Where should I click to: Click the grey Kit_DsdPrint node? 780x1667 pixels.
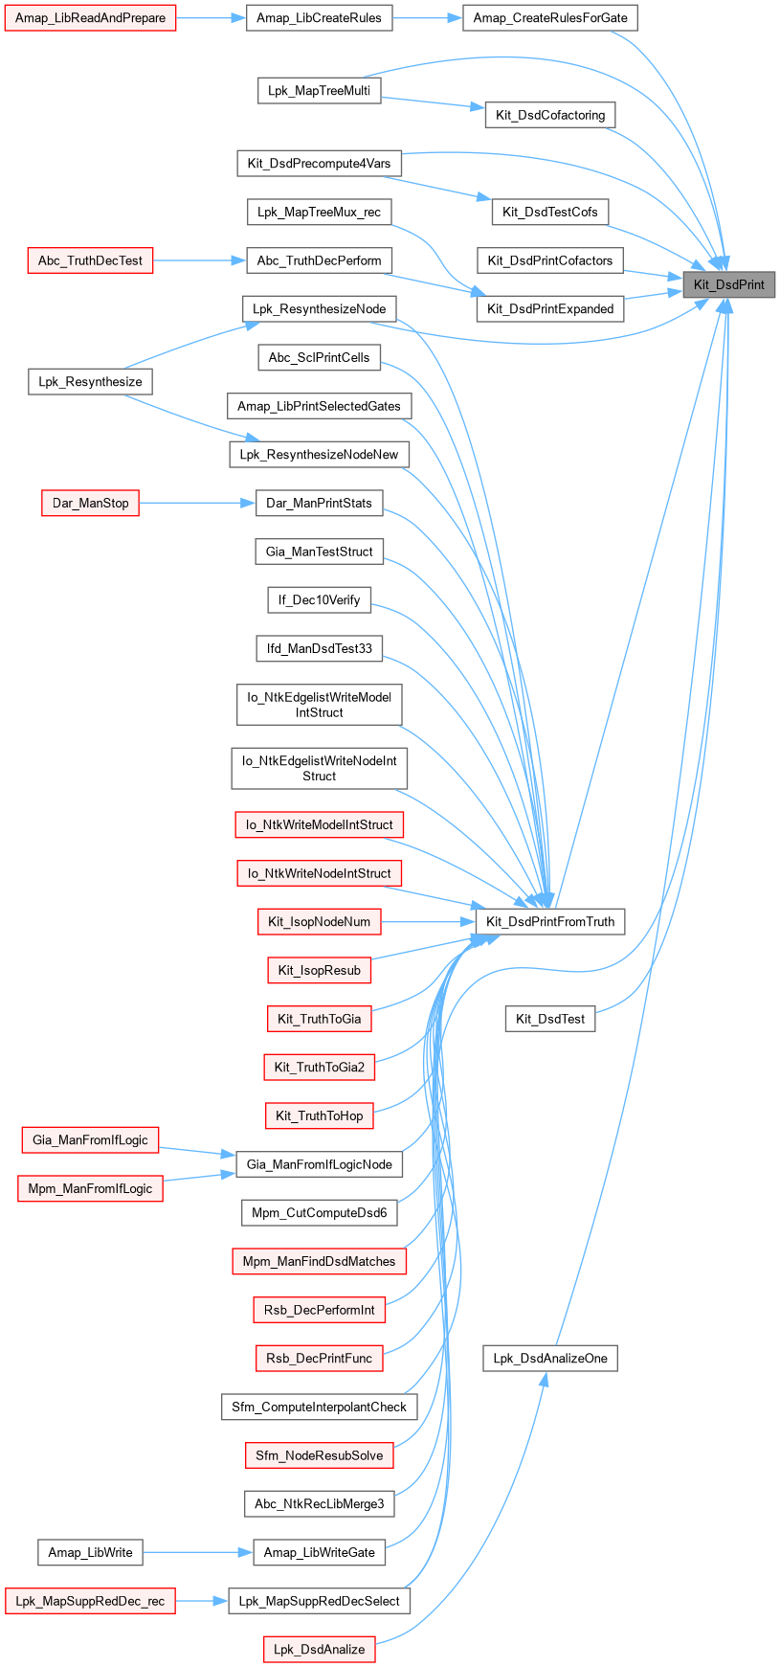point(728,284)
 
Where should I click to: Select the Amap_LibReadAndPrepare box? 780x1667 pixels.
point(90,18)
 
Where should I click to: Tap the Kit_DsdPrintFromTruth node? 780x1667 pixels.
point(550,922)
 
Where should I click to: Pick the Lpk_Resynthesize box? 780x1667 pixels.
point(90,382)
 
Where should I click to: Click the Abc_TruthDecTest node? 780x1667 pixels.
point(90,260)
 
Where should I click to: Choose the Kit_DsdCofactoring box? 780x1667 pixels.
point(550,115)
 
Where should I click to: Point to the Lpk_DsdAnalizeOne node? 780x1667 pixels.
point(550,1358)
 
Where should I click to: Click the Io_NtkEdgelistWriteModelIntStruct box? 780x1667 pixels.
point(319,705)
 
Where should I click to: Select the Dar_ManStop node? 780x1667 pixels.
point(90,503)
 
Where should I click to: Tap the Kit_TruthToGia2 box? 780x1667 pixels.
point(319,1067)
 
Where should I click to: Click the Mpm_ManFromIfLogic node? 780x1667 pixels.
point(90,1188)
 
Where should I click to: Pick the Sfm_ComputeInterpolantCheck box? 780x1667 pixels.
point(319,1407)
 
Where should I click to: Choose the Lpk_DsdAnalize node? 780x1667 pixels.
point(319,1649)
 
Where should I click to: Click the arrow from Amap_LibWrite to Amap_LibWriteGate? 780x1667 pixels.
point(197,1552)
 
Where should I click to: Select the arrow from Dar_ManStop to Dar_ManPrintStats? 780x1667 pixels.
point(197,503)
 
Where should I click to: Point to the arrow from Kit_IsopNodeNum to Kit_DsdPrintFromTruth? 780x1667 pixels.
point(428,922)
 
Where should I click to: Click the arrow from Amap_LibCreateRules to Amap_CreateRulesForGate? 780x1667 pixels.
point(427,18)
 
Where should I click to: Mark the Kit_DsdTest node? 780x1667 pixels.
point(550,1019)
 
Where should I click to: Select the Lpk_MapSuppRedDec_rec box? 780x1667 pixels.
point(90,1601)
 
